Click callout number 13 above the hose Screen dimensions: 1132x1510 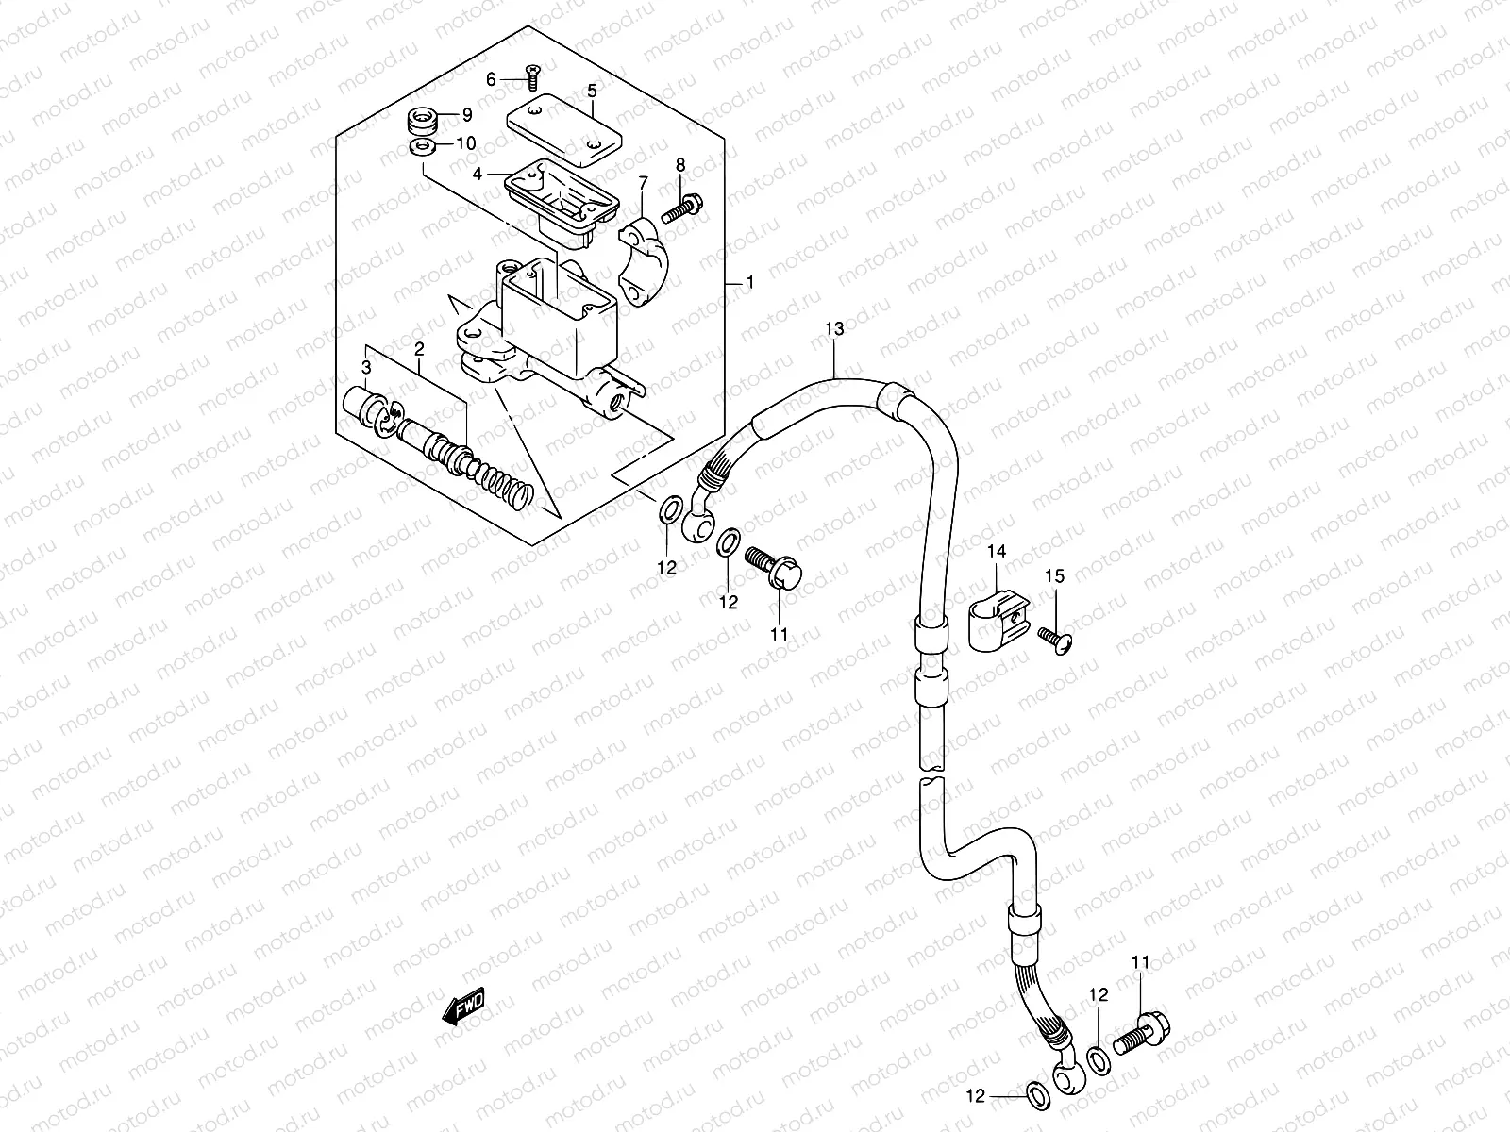(834, 328)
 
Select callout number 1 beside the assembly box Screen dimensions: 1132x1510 (749, 282)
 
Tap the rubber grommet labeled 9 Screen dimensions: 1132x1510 (422, 122)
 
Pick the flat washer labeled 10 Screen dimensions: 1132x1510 (422, 146)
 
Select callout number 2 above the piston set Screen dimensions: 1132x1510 (419, 349)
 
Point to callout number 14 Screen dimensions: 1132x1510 (998, 551)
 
